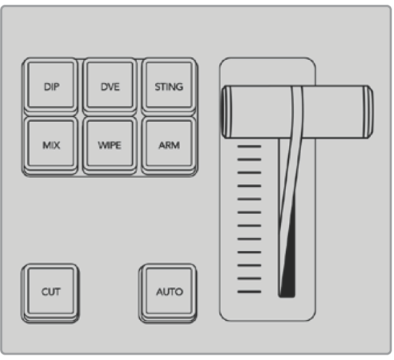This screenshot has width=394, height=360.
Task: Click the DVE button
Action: point(110,86)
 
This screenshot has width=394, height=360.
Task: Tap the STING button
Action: point(169,86)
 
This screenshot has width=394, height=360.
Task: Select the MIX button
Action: point(51,145)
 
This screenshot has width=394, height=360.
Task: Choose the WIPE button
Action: point(110,145)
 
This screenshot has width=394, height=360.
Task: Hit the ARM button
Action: point(169,145)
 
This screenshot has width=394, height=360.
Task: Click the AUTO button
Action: point(168,293)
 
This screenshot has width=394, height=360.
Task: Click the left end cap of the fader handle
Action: point(227,112)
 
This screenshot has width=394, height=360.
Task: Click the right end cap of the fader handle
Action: point(368,112)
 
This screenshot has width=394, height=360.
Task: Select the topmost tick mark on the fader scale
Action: point(249,146)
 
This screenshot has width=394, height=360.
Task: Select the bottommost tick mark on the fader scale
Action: point(249,292)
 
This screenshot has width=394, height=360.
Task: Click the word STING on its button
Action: point(169,87)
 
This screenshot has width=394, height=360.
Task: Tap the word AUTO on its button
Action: point(169,292)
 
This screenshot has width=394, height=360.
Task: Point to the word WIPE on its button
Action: point(110,146)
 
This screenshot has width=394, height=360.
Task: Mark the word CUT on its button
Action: point(51,292)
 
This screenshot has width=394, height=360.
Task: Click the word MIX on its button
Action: point(51,146)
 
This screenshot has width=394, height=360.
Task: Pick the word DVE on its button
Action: point(110,87)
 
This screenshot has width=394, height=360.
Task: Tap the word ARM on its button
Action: point(169,146)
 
